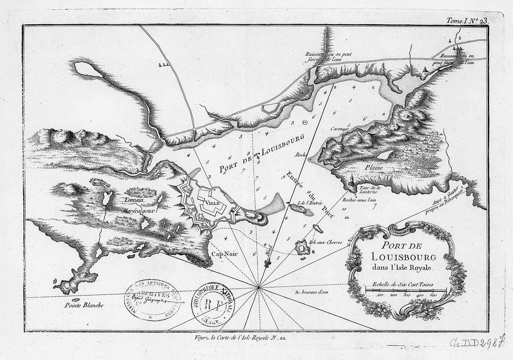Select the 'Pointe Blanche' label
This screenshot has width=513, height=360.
pyautogui.click(x=84, y=306)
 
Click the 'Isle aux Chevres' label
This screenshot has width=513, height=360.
pyautogui.click(x=329, y=242)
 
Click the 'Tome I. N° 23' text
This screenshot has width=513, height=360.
pyautogui.click(x=466, y=21)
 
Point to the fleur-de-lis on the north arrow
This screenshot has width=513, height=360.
pyautogui.click(x=267, y=264)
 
